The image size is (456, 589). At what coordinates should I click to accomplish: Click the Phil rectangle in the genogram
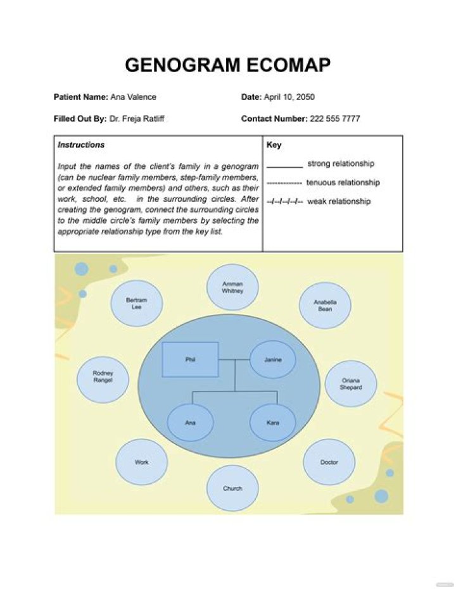click(x=190, y=359)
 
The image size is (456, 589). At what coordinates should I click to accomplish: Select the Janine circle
click(x=272, y=359)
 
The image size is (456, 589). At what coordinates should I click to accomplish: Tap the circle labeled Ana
click(x=190, y=422)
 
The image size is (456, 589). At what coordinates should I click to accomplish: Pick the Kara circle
click(x=272, y=422)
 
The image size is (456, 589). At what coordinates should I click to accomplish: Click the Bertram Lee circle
click(x=136, y=303)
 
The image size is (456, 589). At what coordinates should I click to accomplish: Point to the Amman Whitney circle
click(x=232, y=287)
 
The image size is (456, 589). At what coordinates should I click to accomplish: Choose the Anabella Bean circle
click(x=325, y=305)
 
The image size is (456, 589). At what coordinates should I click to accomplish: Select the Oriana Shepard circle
click(x=351, y=384)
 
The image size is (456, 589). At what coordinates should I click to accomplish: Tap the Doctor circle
click(x=329, y=462)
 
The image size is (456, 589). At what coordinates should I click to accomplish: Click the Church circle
click(x=232, y=488)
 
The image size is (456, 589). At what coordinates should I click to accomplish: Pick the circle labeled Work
click(x=142, y=462)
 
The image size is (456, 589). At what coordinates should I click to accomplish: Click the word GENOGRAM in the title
click(x=180, y=65)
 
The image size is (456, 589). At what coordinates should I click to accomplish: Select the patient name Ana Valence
click(x=133, y=97)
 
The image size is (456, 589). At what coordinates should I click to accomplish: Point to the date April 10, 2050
click(x=289, y=97)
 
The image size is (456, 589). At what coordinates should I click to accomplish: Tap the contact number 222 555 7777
click(x=335, y=118)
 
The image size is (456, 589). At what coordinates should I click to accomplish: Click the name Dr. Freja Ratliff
click(x=137, y=118)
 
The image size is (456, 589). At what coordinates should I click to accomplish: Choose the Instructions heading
click(x=81, y=145)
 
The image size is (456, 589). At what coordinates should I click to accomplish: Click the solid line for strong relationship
click(x=284, y=167)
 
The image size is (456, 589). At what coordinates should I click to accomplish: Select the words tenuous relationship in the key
click(x=343, y=183)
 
